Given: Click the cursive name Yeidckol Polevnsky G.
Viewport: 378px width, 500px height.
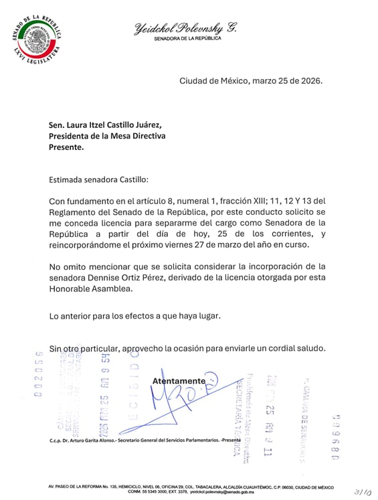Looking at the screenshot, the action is click(185, 27).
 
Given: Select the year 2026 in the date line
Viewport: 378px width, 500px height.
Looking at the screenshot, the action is click(310, 81).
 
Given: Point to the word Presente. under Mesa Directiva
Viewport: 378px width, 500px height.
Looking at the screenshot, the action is click(66, 147).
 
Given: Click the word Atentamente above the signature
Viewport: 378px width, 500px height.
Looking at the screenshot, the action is click(179, 381).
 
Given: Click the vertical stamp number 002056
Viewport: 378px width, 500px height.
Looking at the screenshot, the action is click(38, 373).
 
